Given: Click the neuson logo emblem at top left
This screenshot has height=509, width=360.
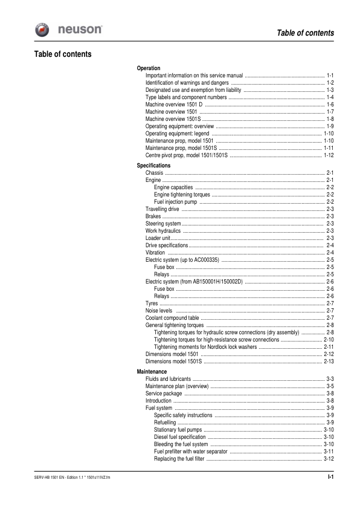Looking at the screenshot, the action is pyautogui.click(x=44, y=29).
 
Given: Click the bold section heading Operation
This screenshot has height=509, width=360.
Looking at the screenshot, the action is pyautogui.click(x=149, y=68).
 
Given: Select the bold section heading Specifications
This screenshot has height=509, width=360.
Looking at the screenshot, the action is pyautogui.click(x=153, y=166).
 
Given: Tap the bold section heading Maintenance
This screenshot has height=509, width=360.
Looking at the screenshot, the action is pyautogui.click(x=152, y=371).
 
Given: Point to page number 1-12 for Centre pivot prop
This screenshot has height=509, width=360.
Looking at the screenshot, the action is pyautogui.click(x=329, y=155).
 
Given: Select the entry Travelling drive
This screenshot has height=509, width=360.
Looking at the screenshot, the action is pyautogui.click(x=162, y=209).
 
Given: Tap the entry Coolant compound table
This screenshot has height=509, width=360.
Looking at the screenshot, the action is pyautogui.click(x=172, y=318).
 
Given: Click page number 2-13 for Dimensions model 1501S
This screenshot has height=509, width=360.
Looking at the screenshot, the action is pyautogui.click(x=329, y=361).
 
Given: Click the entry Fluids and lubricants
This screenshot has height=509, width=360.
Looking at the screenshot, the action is pyautogui.click(x=169, y=378).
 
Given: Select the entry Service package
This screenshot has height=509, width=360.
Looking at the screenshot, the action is pyautogui.click(x=164, y=393).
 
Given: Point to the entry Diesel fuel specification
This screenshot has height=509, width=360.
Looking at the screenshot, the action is pyautogui.click(x=179, y=436).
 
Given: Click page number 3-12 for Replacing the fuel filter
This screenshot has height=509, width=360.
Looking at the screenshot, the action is pyautogui.click(x=329, y=458).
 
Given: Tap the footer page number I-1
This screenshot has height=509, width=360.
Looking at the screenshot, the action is pyautogui.click(x=330, y=478).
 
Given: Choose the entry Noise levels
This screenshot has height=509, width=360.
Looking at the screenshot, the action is pyautogui.click(x=159, y=311).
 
